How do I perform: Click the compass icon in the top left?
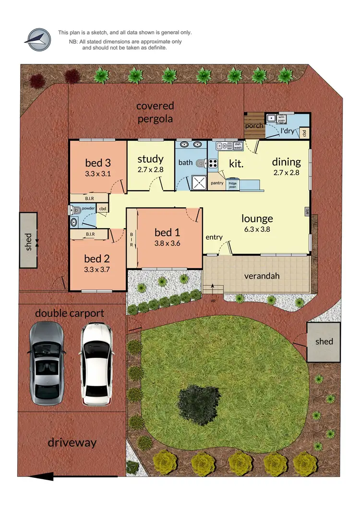[x=38, y=40]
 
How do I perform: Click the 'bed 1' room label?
[x=167, y=233]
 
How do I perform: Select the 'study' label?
[x=150, y=159]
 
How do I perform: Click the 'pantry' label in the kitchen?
[x=217, y=183]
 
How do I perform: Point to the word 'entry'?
[x=214, y=237]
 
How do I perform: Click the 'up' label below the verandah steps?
[x=213, y=301]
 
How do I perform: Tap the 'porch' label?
[x=253, y=126]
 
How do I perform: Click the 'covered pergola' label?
[x=155, y=112]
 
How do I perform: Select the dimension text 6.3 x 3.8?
[x=257, y=229]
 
